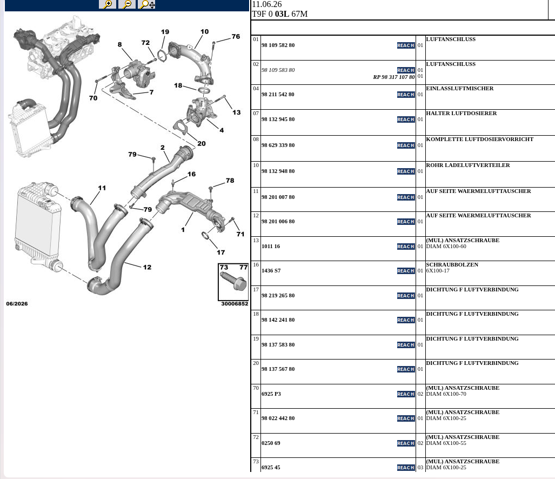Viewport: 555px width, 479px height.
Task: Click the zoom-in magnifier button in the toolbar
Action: point(108,4)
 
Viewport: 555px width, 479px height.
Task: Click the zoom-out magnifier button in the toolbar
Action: point(126,4)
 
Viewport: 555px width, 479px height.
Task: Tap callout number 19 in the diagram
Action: point(165,32)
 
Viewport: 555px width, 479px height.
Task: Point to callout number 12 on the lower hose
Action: point(147,267)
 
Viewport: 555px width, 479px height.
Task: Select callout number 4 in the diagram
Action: point(222,130)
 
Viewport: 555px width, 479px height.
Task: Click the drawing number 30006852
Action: point(235,304)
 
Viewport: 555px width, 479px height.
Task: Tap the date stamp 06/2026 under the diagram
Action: point(17,304)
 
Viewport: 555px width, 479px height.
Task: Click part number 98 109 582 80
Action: point(278,45)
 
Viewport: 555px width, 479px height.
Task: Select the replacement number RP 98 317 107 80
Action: point(394,77)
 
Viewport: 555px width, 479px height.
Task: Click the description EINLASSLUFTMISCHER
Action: point(459,89)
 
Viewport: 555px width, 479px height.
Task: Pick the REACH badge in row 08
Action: point(406,145)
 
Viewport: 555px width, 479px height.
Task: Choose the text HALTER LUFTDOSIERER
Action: point(461,114)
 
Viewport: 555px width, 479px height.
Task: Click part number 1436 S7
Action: point(271,271)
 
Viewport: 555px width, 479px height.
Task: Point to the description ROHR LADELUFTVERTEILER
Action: point(468,165)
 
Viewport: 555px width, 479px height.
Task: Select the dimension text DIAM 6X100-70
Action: point(446,394)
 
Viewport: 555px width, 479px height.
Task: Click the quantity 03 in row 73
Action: point(420,468)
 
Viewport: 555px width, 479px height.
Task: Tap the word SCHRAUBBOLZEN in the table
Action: point(452,265)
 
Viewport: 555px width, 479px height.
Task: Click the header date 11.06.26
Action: point(267,4)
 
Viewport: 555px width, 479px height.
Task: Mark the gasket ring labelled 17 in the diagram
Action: point(205,236)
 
